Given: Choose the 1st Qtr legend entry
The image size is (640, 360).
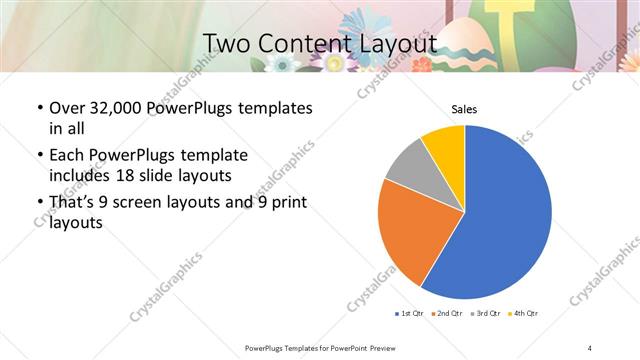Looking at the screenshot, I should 411,314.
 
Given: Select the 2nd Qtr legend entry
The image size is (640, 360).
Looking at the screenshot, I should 446,314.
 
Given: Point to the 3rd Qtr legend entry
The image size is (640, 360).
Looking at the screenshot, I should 485,314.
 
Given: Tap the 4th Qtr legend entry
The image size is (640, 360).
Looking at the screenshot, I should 524,314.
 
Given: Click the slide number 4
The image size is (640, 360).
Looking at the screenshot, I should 590,347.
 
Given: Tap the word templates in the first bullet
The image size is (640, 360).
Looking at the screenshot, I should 272,108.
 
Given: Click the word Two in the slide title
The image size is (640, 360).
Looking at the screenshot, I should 228,43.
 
